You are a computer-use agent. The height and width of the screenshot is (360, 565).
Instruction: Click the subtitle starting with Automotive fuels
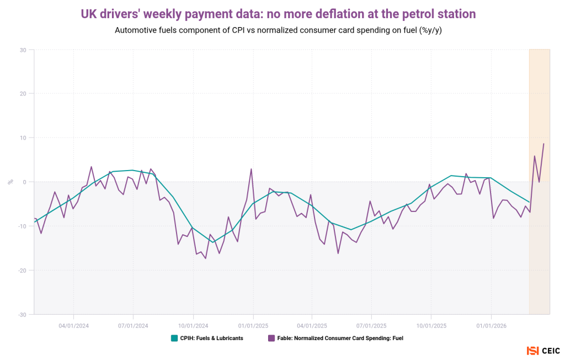coord(278,30)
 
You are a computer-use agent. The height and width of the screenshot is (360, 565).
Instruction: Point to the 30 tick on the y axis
coord(23,50)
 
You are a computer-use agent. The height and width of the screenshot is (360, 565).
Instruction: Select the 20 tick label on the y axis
coord(23,94)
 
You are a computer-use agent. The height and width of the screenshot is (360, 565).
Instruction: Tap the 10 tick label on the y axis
coord(23,138)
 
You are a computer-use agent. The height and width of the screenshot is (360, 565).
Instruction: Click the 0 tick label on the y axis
coord(25,182)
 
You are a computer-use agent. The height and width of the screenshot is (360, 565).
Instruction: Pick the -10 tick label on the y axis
coord(22,226)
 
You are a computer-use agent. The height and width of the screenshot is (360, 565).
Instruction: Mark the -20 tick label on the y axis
coord(22,271)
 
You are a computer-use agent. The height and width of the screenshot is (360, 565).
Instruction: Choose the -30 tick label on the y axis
coord(22,315)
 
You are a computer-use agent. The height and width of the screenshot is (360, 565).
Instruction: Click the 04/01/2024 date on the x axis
coord(74,325)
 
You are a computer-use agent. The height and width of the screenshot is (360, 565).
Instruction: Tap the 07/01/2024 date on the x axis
coord(134,325)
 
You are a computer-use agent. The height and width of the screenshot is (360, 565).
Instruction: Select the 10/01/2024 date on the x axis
coord(193,325)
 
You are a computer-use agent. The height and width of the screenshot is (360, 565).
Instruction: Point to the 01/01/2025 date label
coord(253,325)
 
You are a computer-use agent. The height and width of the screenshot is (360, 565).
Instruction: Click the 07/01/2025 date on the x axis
coord(371,325)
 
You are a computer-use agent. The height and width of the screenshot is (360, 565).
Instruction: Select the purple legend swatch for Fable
coord(271,338)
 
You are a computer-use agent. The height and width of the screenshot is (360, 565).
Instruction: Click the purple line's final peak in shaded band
coord(543,144)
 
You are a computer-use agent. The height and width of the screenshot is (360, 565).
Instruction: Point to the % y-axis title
coord(10,182)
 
